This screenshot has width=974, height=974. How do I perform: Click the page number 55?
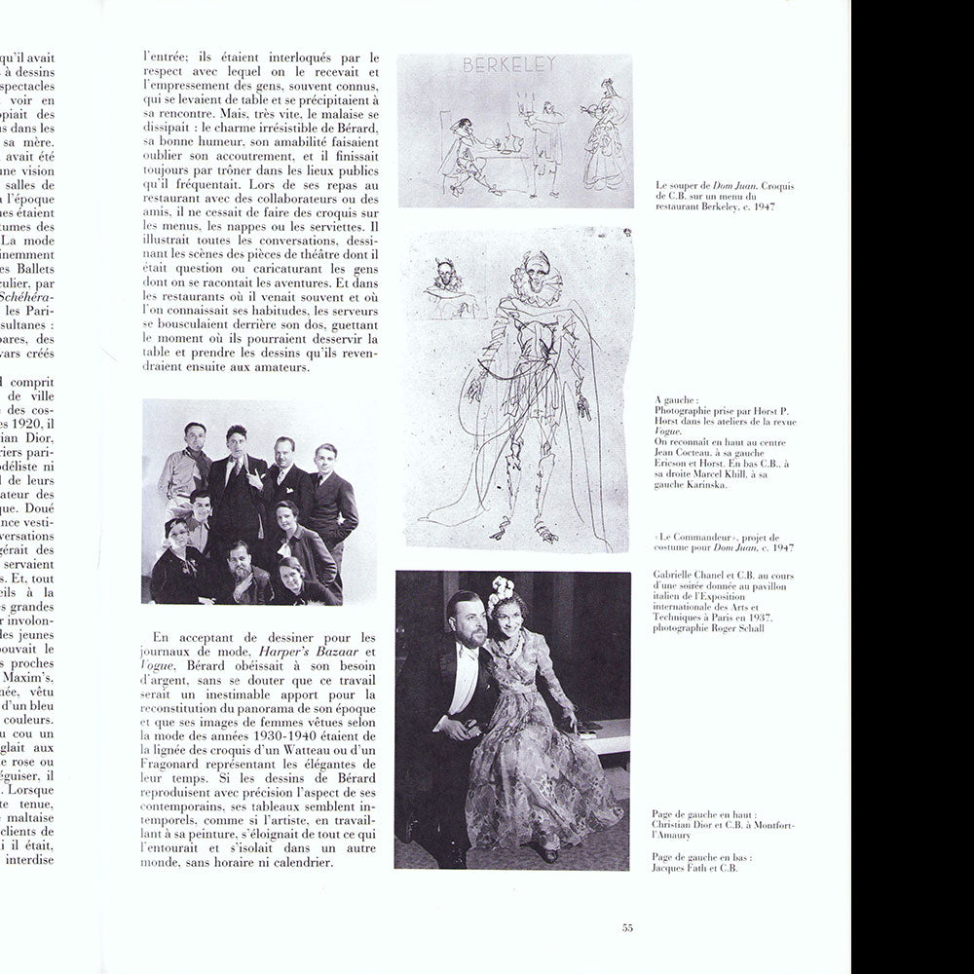click(627, 927)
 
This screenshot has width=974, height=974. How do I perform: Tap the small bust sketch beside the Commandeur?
click(449, 282)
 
